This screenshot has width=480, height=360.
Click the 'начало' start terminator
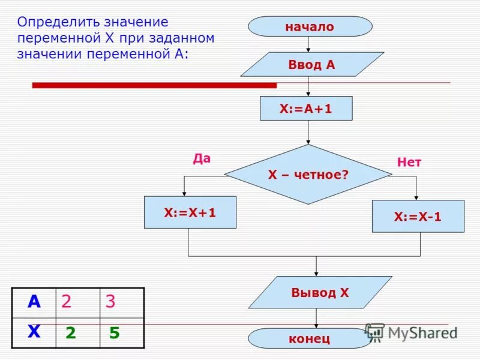click(x=310, y=26)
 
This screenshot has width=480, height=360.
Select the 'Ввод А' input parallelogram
click(x=312, y=65)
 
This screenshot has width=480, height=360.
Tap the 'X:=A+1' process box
click(x=306, y=109)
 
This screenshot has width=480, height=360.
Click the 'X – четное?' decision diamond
click(x=308, y=175)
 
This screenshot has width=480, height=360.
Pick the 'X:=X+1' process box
click(x=190, y=212)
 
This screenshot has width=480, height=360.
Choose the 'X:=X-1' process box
click(x=418, y=217)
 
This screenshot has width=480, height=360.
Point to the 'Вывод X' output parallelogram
click(x=320, y=293)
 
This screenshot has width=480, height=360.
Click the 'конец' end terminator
click(x=310, y=338)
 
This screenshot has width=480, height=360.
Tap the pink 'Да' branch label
click(x=202, y=159)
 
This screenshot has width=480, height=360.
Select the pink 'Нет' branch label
click(x=409, y=162)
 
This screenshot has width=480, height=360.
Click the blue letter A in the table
click(x=34, y=302)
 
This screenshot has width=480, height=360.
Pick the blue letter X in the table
click(x=34, y=332)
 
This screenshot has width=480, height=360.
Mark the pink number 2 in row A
click(x=66, y=302)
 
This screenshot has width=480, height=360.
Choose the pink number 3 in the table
click(x=110, y=302)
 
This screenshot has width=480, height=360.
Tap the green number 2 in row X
click(x=71, y=334)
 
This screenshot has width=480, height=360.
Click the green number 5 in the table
click(x=114, y=334)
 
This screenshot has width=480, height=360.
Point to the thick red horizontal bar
click(x=154, y=85)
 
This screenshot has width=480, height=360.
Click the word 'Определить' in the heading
click(x=55, y=22)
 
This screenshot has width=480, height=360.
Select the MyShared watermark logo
click(x=411, y=332)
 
